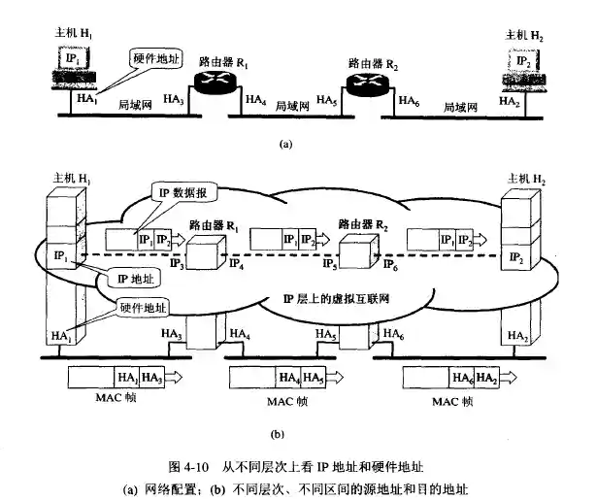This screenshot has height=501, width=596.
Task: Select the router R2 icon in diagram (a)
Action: click(x=369, y=82)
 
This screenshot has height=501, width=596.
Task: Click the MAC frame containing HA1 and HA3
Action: click(x=116, y=377)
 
